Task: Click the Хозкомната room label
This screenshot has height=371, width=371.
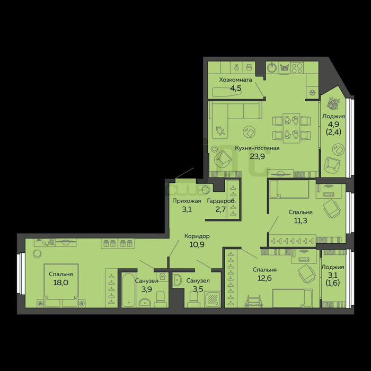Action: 235,79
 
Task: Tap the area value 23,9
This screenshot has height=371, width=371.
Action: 257,156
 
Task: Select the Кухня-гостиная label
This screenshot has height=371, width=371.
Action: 257,148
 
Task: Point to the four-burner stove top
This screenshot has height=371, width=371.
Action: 297,68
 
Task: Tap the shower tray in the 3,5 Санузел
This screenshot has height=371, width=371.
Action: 212,299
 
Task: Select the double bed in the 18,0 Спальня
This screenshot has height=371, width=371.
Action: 61,285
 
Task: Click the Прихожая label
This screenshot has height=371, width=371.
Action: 187,201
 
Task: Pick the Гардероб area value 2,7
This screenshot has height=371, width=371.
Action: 220,209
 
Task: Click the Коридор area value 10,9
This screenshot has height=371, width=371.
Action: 197,244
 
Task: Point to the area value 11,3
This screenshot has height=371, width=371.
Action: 301,220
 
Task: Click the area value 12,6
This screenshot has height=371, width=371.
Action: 264,278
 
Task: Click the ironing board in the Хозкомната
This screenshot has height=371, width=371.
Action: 227,92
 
